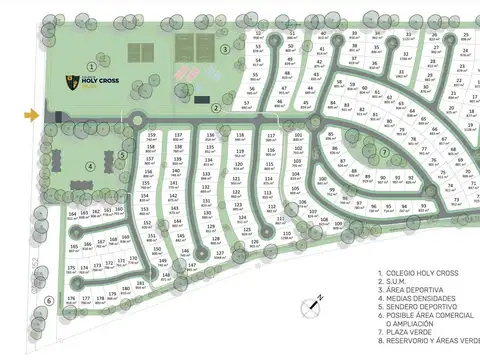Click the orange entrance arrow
click(x=32, y=115)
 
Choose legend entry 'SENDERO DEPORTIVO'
click(x=419, y=307)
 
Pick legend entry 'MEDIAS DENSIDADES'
click(x=419, y=298)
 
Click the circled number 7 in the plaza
click(x=384, y=153)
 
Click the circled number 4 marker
click(x=91, y=167)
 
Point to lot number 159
click(x=152, y=135)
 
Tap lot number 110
click(x=287, y=236)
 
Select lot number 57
click(x=247, y=103)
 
